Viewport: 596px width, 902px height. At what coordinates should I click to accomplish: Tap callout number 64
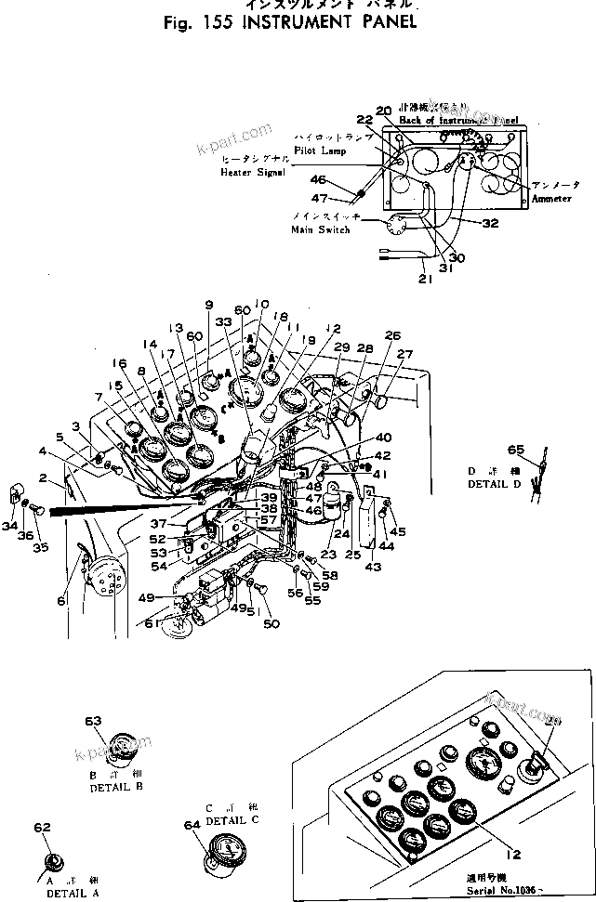[x=192, y=823]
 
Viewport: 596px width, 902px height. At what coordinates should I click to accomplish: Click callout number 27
[x=404, y=354]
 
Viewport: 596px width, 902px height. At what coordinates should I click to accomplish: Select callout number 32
[x=491, y=223]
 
